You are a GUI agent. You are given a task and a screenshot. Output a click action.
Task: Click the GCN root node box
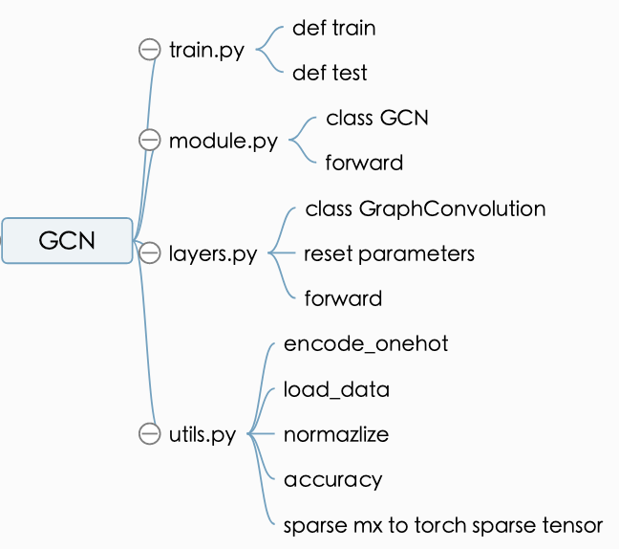pyautogui.click(x=67, y=240)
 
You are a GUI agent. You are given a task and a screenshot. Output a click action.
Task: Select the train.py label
pyautogui.click(x=206, y=50)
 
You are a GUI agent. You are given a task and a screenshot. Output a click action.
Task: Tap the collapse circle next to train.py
pyautogui.click(x=149, y=50)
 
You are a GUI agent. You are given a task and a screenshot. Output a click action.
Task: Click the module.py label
pyautogui.click(x=223, y=142)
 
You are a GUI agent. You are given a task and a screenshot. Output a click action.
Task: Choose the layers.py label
pyautogui.click(x=212, y=254)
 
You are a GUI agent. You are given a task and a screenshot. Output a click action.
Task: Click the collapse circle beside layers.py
pyautogui.click(x=149, y=253)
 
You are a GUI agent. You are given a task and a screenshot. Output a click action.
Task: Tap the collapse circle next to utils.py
pyautogui.click(x=149, y=433)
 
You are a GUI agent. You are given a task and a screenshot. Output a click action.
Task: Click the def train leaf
pyautogui.click(x=333, y=29)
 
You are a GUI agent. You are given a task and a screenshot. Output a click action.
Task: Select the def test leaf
pyautogui.click(x=330, y=73)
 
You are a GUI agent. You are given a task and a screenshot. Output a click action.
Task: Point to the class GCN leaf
pyautogui.click(x=376, y=119)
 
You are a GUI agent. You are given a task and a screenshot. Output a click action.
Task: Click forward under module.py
pyautogui.click(x=364, y=163)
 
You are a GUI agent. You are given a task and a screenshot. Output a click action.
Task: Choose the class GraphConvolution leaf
pyautogui.click(x=425, y=209)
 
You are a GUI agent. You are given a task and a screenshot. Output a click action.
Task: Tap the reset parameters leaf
pyautogui.click(x=389, y=253)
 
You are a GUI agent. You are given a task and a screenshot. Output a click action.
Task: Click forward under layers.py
pyautogui.click(x=343, y=298)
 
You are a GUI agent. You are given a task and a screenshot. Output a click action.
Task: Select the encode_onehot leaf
pyautogui.click(x=366, y=344)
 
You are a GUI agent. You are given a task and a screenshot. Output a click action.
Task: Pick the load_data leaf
pyautogui.click(x=336, y=389)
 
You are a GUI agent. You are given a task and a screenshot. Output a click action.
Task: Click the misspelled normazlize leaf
pyautogui.click(x=336, y=434)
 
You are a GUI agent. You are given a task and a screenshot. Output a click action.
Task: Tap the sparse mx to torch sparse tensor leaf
pyautogui.click(x=443, y=525)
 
